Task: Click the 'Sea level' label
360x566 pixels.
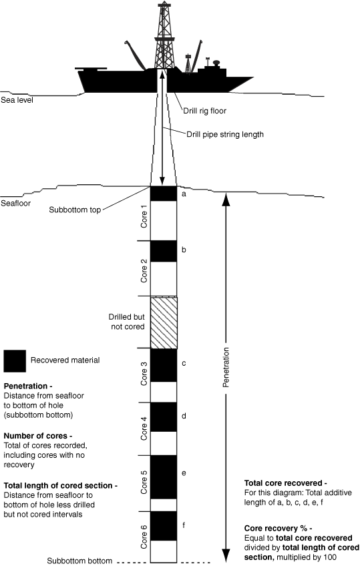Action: (x=17, y=100)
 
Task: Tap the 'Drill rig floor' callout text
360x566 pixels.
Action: (x=205, y=111)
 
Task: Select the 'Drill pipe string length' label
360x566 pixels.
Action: (x=225, y=134)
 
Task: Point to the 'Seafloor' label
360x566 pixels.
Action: (x=15, y=203)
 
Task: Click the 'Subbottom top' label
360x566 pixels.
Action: (x=75, y=210)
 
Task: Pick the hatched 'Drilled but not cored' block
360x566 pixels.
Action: (x=164, y=322)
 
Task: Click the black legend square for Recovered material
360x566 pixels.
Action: (x=15, y=361)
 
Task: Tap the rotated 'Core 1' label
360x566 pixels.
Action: (x=144, y=216)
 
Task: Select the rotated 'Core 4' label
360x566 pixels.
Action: (x=144, y=429)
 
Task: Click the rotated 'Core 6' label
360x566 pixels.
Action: (x=144, y=537)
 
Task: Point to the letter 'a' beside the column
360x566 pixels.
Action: (x=184, y=194)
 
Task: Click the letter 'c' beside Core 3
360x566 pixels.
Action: (x=184, y=364)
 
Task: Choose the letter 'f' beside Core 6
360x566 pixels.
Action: (x=184, y=525)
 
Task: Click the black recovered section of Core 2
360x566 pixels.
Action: (x=164, y=251)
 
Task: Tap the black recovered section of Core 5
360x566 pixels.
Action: (x=164, y=477)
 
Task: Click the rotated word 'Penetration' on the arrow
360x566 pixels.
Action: (x=226, y=368)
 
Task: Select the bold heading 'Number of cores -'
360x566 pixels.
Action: (x=38, y=436)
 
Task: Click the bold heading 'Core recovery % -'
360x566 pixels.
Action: (x=278, y=528)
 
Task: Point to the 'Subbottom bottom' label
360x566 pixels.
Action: (x=79, y=561)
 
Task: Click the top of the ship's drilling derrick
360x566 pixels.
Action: (x=164, y=3)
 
